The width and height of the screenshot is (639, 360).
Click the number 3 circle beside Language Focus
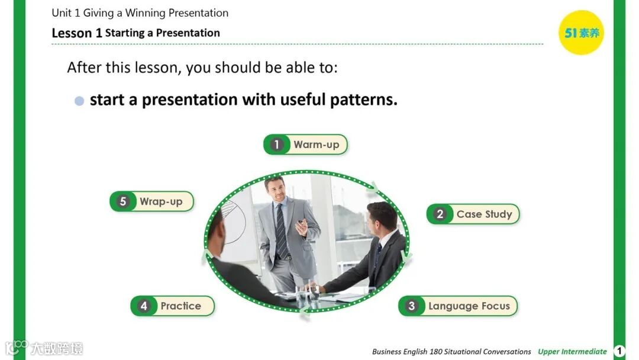click(x=412, y=306)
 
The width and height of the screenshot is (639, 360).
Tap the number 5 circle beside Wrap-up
click(x=123, y=201)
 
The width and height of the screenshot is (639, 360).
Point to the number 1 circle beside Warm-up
click(x=277, y=144)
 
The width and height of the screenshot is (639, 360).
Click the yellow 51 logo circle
click(x=581, y=33)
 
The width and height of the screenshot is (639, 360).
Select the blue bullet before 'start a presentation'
click(x=79, y=101)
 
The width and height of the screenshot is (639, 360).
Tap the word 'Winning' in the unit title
click(x=146, y=13)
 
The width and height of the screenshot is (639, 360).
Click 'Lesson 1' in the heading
click(x=76, y=33)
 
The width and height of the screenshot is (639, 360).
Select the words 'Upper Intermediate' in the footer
click(x=572, y=352)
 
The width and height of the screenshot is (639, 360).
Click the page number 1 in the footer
click(x=619, y=351)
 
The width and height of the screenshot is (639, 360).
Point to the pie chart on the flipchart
click(x=233, y=220)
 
